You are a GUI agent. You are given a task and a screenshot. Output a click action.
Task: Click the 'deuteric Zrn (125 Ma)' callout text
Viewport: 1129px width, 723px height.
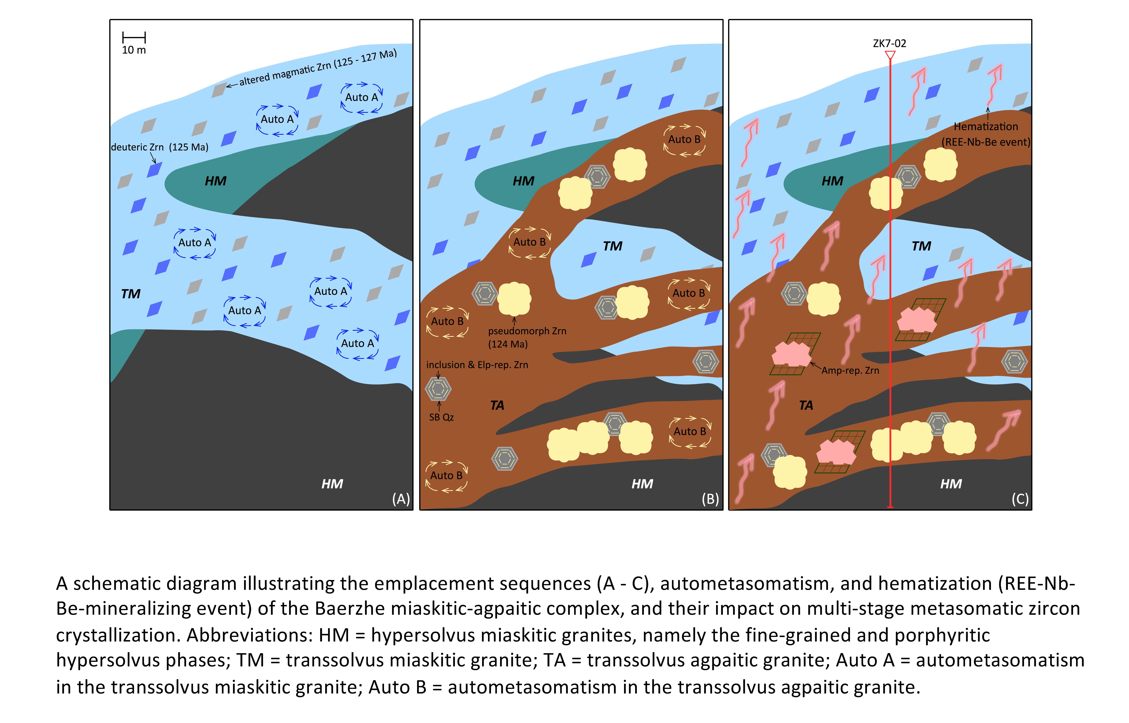click(159, 147)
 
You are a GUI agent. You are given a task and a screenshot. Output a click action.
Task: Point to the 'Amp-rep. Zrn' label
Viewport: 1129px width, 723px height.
click(850, 370)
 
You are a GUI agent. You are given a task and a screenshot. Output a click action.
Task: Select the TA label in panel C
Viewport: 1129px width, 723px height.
click(806, 405)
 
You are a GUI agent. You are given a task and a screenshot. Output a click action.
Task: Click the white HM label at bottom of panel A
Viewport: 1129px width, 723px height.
click(332, 484)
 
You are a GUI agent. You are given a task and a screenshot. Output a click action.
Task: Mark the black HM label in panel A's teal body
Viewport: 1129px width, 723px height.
click(215, 181)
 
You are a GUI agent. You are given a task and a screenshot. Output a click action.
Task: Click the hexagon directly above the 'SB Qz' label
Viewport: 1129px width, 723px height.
click(438, 389)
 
